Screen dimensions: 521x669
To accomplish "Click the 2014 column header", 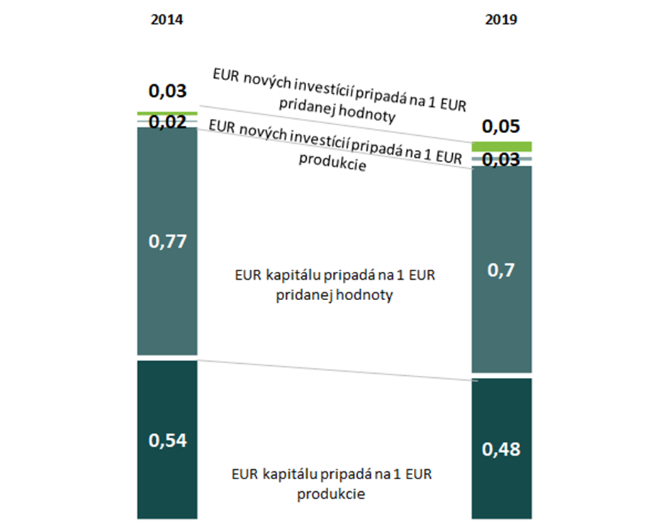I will tap(167, 20).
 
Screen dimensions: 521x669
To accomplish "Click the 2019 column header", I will tap(501, 20).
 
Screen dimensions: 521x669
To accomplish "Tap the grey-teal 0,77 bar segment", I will tap(167, 297).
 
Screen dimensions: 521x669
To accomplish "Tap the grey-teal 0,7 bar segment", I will tap(501, 319).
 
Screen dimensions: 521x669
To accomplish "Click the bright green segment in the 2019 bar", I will tap(501, 146).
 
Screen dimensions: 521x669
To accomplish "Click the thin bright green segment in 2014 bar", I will tap(167, 113).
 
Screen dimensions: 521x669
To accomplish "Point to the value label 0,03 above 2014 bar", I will tap(167, 91).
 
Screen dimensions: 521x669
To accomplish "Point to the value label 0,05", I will tap(501, 127).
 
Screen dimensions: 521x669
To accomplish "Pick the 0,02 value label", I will tap(167, 122).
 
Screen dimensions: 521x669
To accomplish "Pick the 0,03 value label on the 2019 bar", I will tap(501, 160).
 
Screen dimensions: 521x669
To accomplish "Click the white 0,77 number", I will tap(167, 242).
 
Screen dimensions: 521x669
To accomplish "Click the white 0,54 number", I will tap(167, 440).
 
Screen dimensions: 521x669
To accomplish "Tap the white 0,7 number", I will tap(501, 269).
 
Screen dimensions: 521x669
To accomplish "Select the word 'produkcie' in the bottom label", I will tap(332, 493).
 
